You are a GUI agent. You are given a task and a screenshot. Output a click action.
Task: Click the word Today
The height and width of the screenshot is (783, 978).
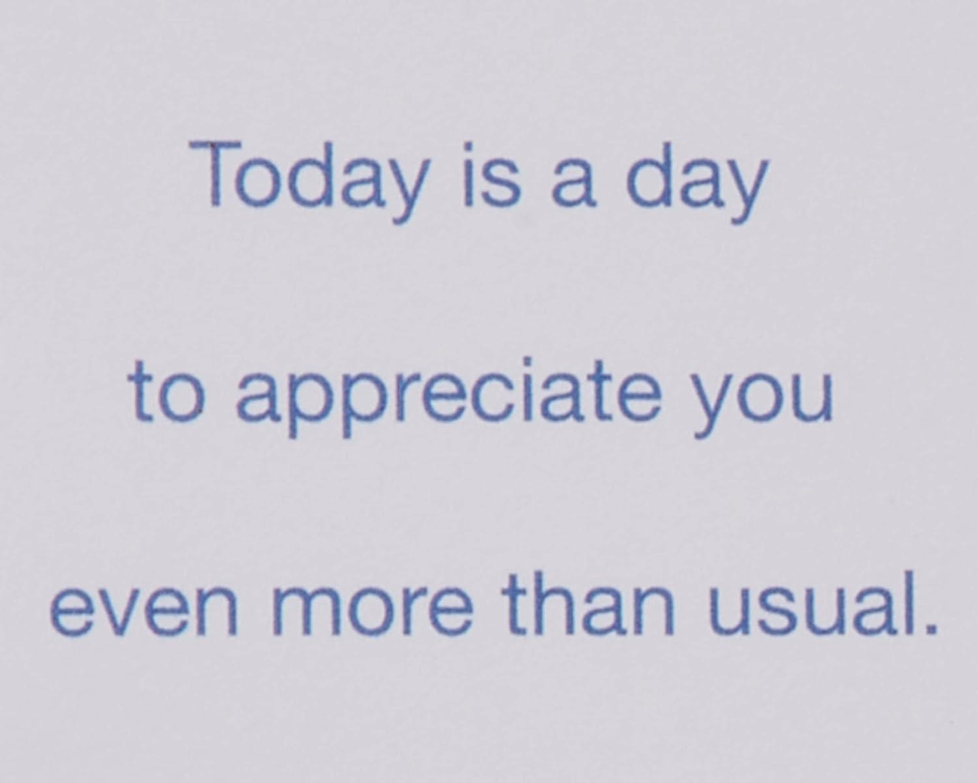(310, 182)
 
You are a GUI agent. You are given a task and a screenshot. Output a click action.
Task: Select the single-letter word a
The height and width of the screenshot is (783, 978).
(573, 183)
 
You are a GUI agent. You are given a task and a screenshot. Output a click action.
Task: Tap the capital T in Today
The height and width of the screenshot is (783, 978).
(215, 173)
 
